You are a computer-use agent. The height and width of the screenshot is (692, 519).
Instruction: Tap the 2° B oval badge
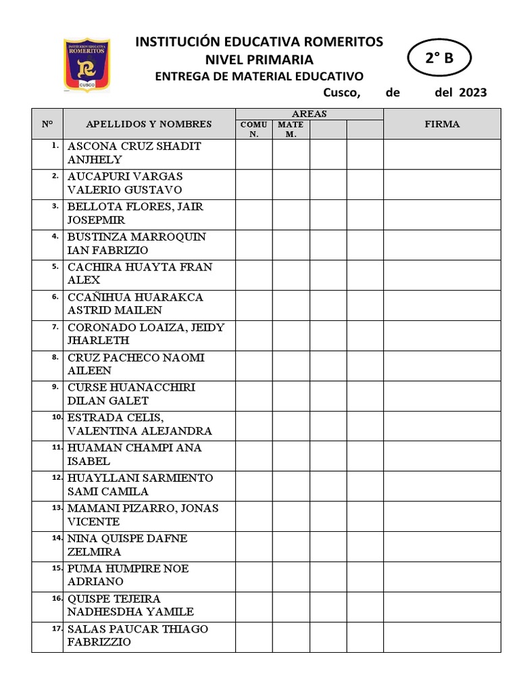click(x=439, y=59)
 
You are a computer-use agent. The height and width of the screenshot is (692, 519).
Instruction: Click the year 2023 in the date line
click(x=472, y=93)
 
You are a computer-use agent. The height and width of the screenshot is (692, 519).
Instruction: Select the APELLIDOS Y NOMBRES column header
click(x=149, y=124)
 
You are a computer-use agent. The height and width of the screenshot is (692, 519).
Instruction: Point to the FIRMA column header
click(x=442, y=124)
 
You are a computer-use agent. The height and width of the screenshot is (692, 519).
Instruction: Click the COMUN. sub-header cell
click(x=254, y=129)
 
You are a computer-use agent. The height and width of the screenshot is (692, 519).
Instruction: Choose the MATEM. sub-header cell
click(x=291, y=129)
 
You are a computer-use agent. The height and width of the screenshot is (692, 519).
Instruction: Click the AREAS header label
click(x=310, y=114)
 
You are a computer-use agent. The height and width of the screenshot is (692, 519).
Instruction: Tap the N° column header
click(x=47, y=124)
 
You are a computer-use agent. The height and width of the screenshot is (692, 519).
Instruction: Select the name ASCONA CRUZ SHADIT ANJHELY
click(x=134, y=153)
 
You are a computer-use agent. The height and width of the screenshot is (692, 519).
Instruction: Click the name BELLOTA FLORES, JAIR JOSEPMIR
click(x=135, y=214)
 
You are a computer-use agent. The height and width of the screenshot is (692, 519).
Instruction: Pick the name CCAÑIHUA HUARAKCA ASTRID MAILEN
click(x=135, y=304)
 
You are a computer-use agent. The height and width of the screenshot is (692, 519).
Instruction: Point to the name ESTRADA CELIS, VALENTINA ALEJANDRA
click(x=139, y=424)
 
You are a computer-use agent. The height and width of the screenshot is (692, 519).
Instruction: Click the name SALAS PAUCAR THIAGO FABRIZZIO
click(x=138, y=636)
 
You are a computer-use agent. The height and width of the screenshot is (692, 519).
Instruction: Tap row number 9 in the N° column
click(x=55, y=387)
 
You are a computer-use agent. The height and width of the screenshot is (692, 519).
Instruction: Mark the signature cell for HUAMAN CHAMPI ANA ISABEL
click(x=442, y=455)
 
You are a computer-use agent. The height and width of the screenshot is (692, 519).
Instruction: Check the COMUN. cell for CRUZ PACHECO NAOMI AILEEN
click(x=254, y=364)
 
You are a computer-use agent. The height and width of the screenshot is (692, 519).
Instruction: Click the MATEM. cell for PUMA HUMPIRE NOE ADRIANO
click(x=291, y=576)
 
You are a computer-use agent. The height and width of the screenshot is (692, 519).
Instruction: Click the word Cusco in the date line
click(x=341, y=93)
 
